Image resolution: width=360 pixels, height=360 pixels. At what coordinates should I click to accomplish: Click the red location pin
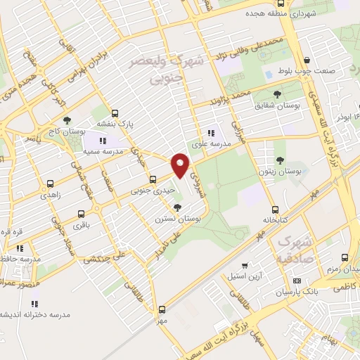coord(181,165)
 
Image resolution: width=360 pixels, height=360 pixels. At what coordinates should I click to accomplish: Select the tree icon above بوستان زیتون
coord(280,161)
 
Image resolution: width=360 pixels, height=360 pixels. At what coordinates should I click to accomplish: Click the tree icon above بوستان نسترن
coord(178,207)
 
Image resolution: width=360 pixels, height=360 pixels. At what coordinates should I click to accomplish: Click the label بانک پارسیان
coord(296,290)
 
